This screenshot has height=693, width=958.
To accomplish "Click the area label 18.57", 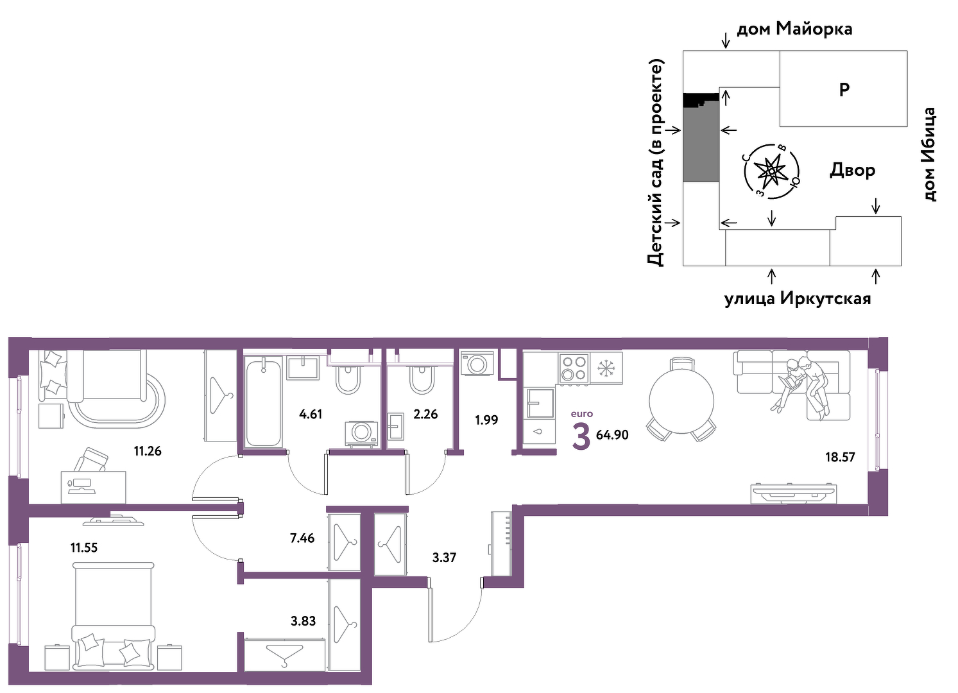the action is (x=840, y=458).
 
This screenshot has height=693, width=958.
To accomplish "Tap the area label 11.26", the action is (x=148, y=451).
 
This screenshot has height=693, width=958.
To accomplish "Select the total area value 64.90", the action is (x=612, y=435).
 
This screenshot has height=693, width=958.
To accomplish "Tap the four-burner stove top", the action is (x=574, y=368).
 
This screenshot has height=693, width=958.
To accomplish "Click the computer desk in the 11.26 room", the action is (x=93, y=487).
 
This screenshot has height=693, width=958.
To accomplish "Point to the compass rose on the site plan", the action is (x=772, y=171).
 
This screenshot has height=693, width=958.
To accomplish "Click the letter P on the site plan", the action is (x=844, y=90).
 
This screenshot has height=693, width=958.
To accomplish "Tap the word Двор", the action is (x=852, y=171).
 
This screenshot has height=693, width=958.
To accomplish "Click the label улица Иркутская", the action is (x=798, y=298).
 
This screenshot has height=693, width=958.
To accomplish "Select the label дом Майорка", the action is (x=794, y=29).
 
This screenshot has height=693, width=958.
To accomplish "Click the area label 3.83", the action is (x=304, y=620).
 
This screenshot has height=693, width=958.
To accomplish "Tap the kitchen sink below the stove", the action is (x=540, y=403).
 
